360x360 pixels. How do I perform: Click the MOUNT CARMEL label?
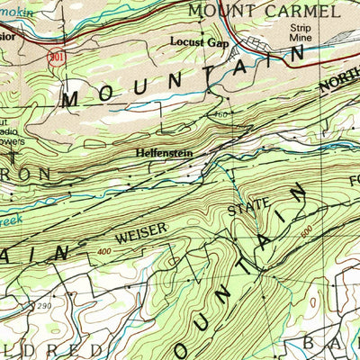pyautogui.click(x=265, y=12)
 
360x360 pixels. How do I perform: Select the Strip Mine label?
pyautogui.click(x=299, y=33)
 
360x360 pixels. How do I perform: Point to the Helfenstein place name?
pyautogui.click(x=163, y=153)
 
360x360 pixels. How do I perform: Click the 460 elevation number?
pyautogui.click(x=222, y=114)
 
